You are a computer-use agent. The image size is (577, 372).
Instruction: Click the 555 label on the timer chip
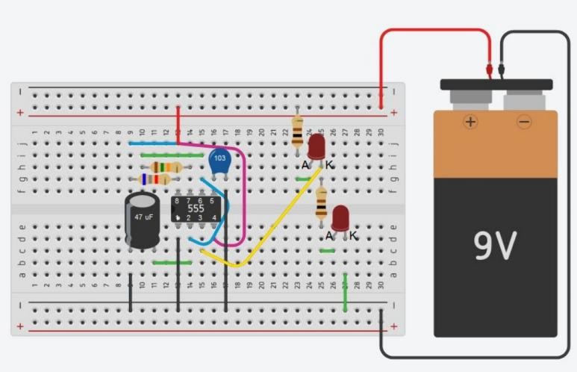(196, 208)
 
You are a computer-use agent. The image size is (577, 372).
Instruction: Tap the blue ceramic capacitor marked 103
(219, 161)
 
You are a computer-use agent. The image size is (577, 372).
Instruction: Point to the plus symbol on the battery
(470, 122)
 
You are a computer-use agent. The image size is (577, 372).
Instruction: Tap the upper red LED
(316, 146)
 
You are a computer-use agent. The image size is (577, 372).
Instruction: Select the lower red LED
(341, 217)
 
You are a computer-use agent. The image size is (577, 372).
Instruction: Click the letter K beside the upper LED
(329, 164)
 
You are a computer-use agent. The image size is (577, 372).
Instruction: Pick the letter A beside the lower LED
(329, 235)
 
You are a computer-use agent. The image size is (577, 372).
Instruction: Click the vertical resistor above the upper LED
(298, 131)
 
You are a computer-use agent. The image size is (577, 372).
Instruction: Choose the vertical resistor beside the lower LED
(322, 202)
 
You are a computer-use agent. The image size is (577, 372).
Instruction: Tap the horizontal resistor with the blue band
(157, 179)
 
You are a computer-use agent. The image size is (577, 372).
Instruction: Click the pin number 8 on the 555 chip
(177, 201)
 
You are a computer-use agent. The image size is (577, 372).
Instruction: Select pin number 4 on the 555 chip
(214, 217)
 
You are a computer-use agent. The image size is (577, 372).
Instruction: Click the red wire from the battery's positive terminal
(433, 31)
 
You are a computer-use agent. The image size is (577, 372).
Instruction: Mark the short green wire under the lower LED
(326, 251)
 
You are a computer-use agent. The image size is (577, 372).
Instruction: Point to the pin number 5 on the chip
(213, 201)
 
